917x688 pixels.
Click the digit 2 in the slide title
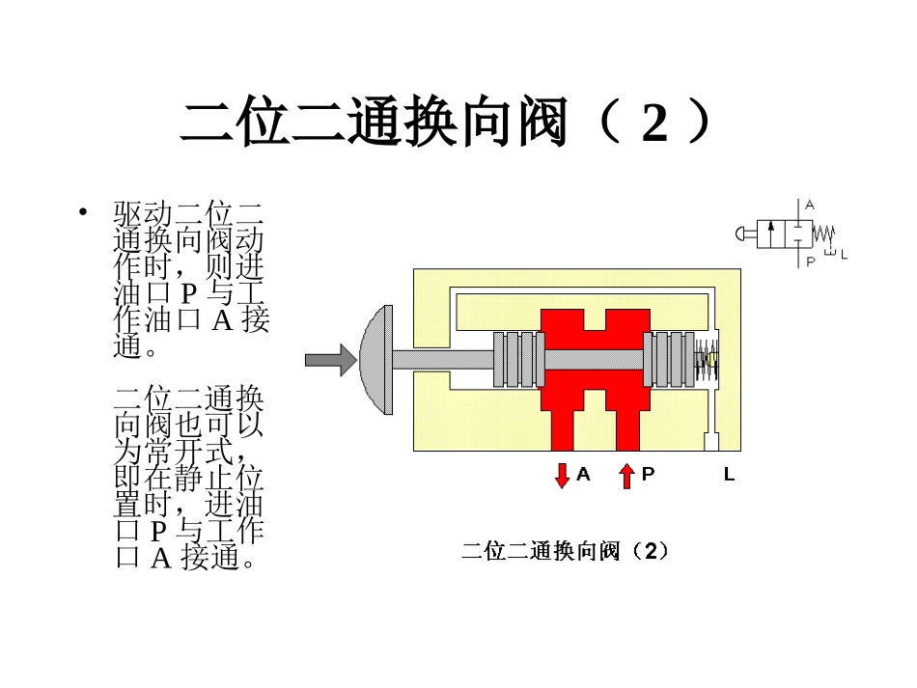[x=654, y=124]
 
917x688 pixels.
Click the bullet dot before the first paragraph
[x=84, y=211]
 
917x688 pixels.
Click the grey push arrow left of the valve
[x=329, y=361]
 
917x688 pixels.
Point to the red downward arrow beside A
[x=562, y=476]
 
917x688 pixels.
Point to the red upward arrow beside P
[x=626, y=476]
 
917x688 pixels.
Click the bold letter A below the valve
[x=583, y=475]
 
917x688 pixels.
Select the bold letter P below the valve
[x=648, y=475]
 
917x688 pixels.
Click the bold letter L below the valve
[x=729, y=475]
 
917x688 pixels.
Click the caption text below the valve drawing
[x=565, y=552]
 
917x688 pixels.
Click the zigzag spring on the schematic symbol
[x=822, y=233]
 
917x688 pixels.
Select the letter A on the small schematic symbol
[x=810, y=205]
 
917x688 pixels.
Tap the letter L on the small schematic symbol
[x=844, y=255]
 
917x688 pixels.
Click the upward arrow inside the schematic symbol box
[x=771, y=234]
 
